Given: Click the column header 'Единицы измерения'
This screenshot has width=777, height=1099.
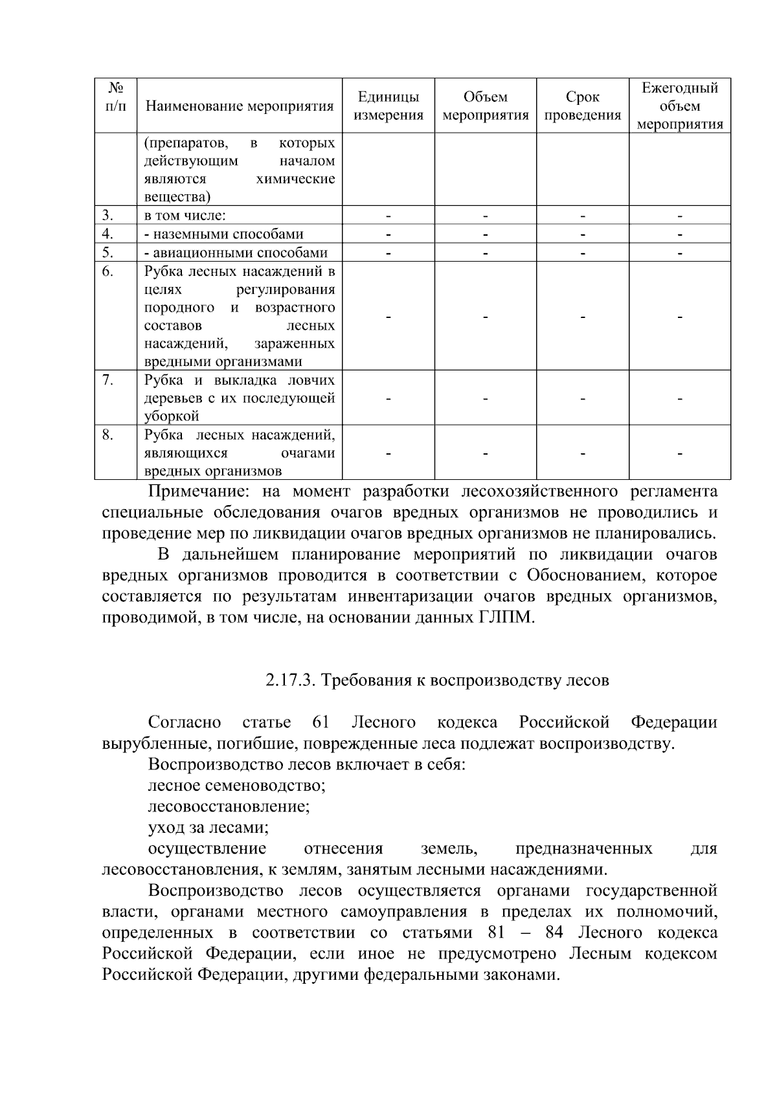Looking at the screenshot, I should pyautogui.click(x=388, y=106).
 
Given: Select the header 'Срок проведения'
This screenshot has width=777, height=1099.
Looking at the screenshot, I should pyautogui.click(x=582, y=106).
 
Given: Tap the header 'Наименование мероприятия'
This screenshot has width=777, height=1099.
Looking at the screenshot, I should pyautogui.click(x=240, y=106).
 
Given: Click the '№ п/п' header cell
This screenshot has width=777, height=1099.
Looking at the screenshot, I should pyautogui.click(x=115, y=96).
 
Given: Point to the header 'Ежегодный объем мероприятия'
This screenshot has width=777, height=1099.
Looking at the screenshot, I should pyautogui.click(x=680, y=106).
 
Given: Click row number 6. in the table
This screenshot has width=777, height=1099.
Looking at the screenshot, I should pyautogui.click(x=108, y=271).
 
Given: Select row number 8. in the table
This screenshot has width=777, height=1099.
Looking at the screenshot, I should pyautogui.click(x=108, y=435).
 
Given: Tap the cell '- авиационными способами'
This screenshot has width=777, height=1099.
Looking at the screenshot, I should pyautogui.click(x=236, y=253).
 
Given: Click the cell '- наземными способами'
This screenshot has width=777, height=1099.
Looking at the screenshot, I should pyautogui.click(x=223, y=234).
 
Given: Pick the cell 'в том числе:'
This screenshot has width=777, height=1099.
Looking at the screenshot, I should pyautogui.click(x=185, y=216).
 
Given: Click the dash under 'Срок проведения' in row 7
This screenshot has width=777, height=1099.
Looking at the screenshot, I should pyautogui.click(x=582, y=399).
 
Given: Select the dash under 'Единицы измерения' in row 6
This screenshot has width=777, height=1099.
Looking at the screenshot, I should pyautogui.click(x=388, y=317).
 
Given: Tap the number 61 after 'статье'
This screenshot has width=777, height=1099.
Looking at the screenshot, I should pyautogui.click(x=321, y=722).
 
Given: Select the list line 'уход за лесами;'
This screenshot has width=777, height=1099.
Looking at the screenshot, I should pyautogui.click(x=208, y=828).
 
